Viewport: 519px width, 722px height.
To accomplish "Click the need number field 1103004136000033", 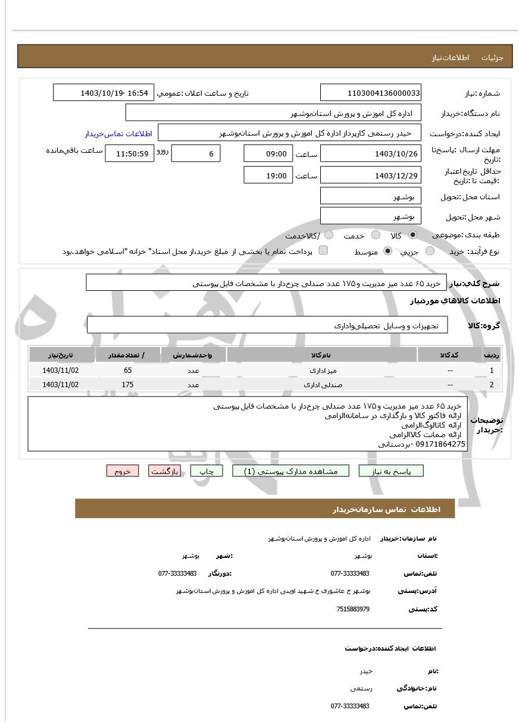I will click(x=370, y=93).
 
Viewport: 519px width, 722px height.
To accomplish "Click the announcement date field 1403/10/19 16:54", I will click(x=104, y=93).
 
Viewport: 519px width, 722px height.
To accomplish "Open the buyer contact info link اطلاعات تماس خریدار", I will click(x=118, y=133).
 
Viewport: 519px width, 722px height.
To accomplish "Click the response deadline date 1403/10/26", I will click(x=370, y=153).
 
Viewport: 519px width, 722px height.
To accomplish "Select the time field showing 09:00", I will click(x=268, y=153).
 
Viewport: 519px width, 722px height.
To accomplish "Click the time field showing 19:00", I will click(x=268, y=175).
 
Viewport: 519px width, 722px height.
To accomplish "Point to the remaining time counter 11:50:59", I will click(x=129, y=153).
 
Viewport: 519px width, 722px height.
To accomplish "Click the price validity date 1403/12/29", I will click(x=370, y=175).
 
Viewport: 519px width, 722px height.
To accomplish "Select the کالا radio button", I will click(x=412, y=235).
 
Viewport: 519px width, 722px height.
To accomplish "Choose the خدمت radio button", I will click(x=376, y=235).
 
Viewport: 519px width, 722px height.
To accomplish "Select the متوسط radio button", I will click(x=388, y=251).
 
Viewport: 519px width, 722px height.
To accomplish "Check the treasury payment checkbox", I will click(x=323, y=250).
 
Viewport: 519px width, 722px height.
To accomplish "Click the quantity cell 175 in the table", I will click(x=127, y=384).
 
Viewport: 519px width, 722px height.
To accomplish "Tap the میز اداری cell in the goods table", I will click(x=322, y=370).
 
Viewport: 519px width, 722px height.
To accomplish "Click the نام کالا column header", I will click(x=321, y=355).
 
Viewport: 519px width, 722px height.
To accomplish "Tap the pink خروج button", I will click(x=123, y=471).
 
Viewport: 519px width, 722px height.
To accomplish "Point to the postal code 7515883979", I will click(x=353, y=609).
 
